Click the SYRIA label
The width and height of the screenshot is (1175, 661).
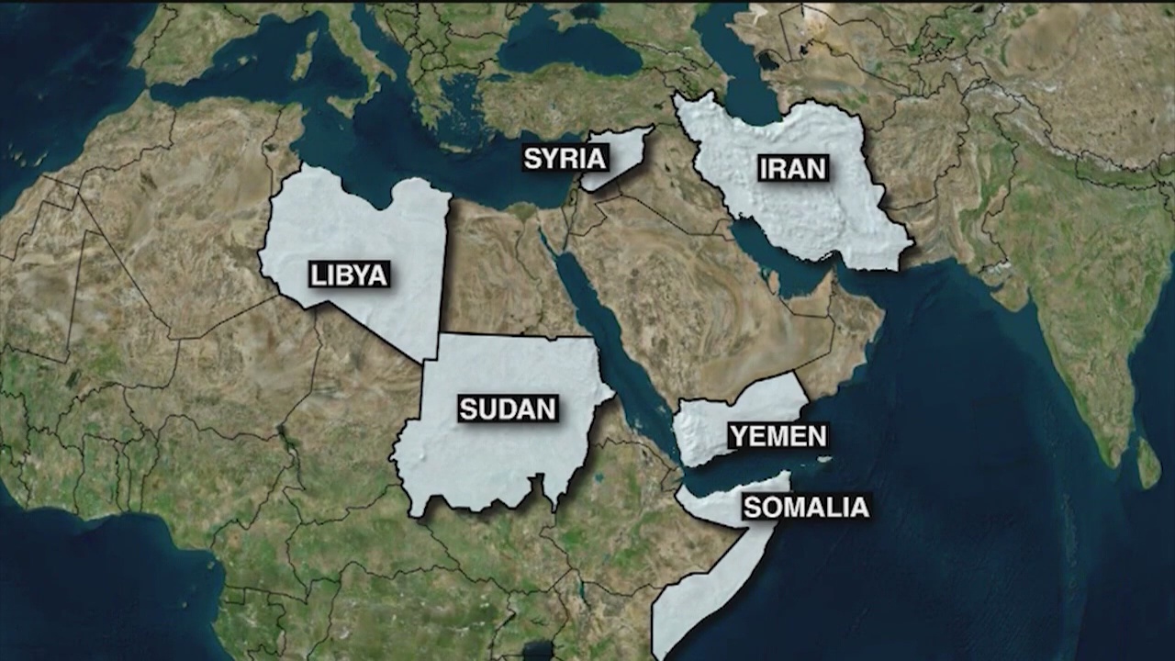tap(565, 158)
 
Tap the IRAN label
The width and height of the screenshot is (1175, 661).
tap(793, 168)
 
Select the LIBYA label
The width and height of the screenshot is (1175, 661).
tap(349, 274)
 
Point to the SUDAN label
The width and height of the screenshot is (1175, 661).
tap(508, 409)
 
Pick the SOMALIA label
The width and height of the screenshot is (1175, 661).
tap(805, 507)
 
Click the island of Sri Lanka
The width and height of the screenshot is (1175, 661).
tap(1148, 463)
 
